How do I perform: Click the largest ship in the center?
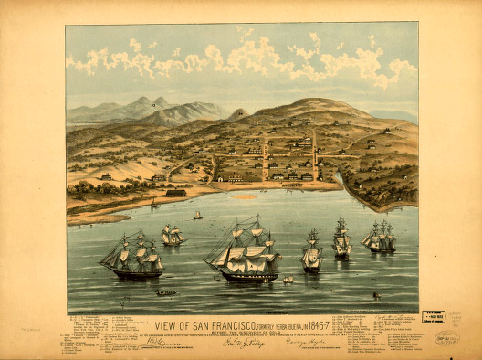[x=245, y=251]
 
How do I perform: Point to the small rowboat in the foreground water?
[x=166, y=293]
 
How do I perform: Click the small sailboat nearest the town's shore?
[x=197, y=216]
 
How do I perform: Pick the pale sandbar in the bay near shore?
[x=245, y=196]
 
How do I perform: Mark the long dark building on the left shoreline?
[x=175, y=193]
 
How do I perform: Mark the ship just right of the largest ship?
[x=312, y=252]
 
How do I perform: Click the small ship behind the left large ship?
[x=172, y=235]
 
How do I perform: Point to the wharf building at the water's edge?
[x=292, y=185]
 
